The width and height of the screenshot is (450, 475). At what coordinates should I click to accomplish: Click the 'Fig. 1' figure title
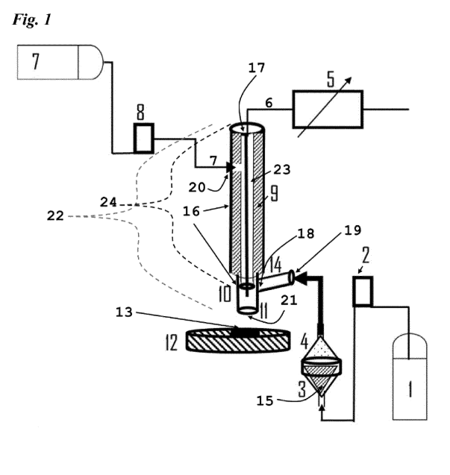point(31,20)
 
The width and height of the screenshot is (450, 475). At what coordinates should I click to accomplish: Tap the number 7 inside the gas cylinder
point(36,61)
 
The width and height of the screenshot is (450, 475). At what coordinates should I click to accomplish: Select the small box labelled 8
point(144,138)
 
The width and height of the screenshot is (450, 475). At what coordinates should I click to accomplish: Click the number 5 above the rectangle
point(330,79)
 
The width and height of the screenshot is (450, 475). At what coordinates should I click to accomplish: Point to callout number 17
point(257,68)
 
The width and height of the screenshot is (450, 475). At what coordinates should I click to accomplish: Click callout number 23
point(282,170)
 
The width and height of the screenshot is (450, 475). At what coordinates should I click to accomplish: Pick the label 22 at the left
point(55,216)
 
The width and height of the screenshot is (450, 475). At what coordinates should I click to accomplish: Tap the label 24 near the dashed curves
point(108,202)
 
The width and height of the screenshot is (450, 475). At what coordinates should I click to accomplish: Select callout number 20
point(197,188)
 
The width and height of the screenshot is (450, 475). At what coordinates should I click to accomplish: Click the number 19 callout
point(353,230)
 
